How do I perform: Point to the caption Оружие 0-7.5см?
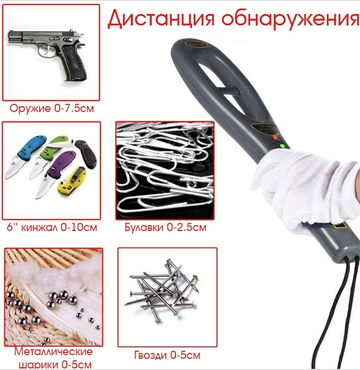pos(52,108)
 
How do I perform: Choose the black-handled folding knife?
pos(86,153)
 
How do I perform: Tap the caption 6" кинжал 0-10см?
pos(52,227)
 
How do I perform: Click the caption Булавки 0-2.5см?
pos(165,227)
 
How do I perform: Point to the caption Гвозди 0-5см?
pos(167,355)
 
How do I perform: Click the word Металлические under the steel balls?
pos(53,352)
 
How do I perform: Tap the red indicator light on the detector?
pos(275,137)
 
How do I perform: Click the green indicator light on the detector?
pos(282,146)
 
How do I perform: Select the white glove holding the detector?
pos(305,189)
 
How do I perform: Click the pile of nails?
pos(161,291)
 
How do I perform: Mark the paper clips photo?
pos(165,171)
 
